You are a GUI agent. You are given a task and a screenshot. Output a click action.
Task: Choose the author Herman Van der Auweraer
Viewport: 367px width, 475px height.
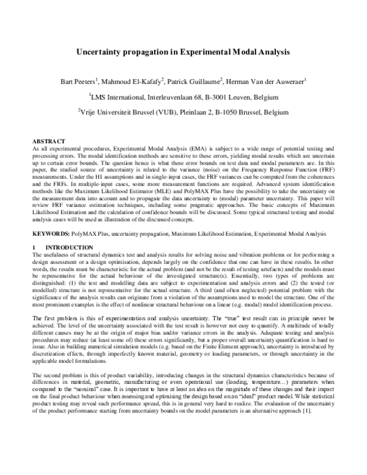[x=270, y=81]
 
